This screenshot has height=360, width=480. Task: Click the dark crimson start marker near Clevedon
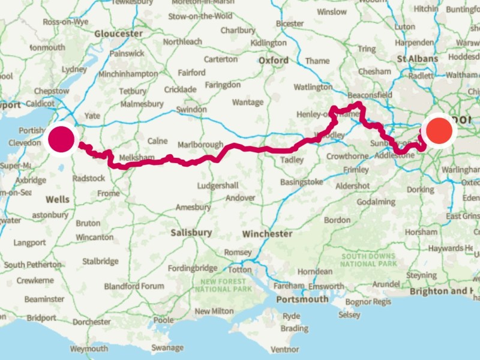[x=61, y=139]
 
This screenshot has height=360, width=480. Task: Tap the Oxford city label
[x=274, y=61]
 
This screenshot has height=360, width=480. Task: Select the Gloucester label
[x=119, y=34]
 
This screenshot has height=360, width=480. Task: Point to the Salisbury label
[x=191, y=232]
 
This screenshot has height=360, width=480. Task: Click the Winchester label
[x=268, y=233]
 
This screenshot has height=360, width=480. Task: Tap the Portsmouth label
[x=302, y=299]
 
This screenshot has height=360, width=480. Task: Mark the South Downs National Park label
[x=368, y=260]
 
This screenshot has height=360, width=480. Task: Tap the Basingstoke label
[x=301, y=182]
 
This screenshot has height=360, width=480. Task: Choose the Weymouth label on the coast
[x=89, y=349]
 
